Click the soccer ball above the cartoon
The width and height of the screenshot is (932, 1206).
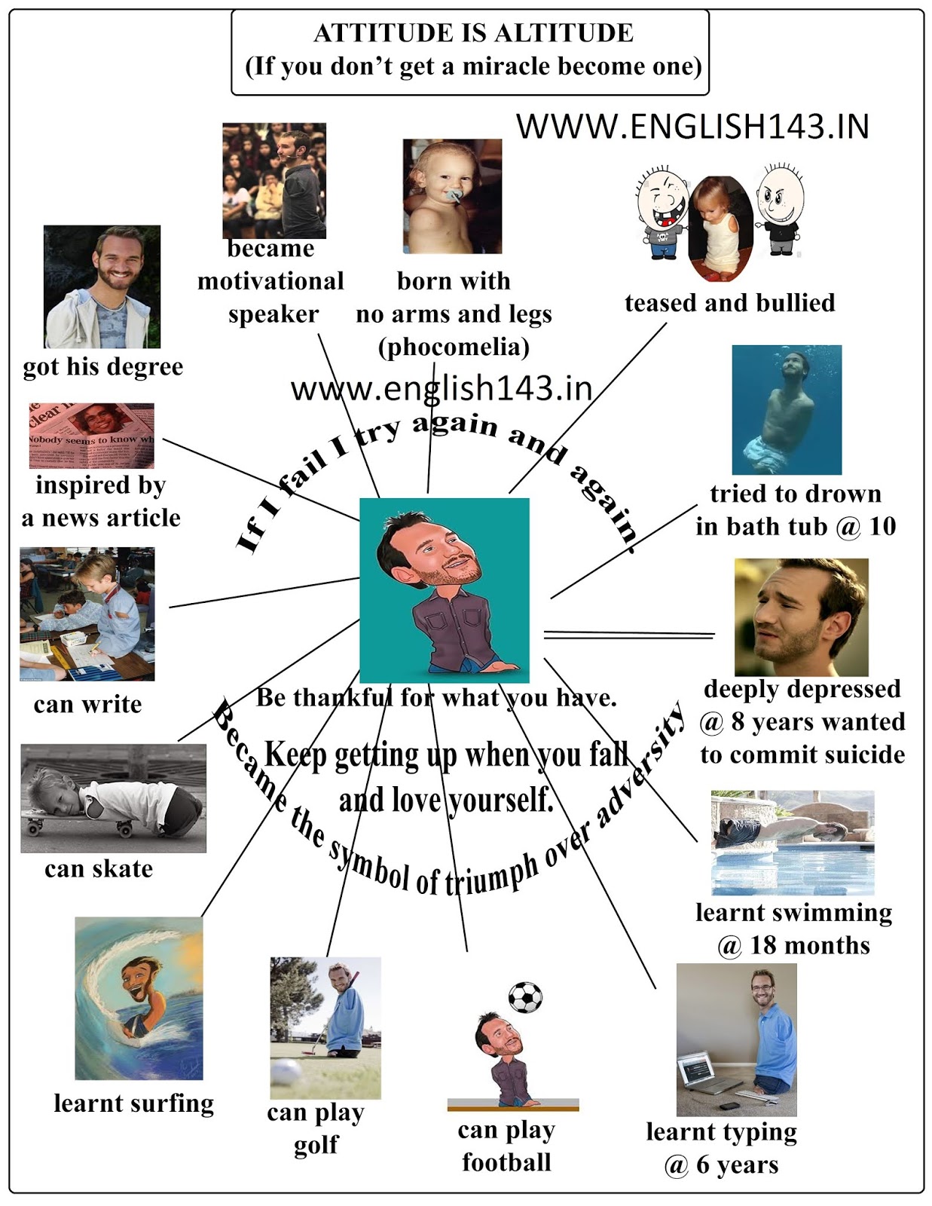pyautogui.click(x=525, y=996)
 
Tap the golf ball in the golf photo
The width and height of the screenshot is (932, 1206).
pyautogui.click(x=287, y=1071)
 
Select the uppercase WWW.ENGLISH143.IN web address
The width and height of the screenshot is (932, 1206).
pyautogui.click(x=692, y=127)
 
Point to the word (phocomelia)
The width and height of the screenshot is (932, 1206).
pyautogui.click(x=454, y=347)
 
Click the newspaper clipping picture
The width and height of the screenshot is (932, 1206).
pyautogui.click(x=91, y=436)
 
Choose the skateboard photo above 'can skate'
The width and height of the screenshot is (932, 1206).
pyautogui.click(x=113, y=798)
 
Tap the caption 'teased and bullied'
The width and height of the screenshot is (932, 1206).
pyautogui.click(x=729, y=303)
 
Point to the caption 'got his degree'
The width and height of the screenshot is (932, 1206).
pyautogui.click(x=103, y=367)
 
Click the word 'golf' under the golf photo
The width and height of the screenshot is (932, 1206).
pyautogui.click(x=316, y=1146)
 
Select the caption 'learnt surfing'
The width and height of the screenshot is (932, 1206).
pyautogui.click(x=133, y=1103)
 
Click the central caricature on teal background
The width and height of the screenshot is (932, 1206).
pyautogui.click(x=444, y=590)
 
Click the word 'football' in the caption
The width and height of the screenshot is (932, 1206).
pyautogui.click(x=506, y=1162)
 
